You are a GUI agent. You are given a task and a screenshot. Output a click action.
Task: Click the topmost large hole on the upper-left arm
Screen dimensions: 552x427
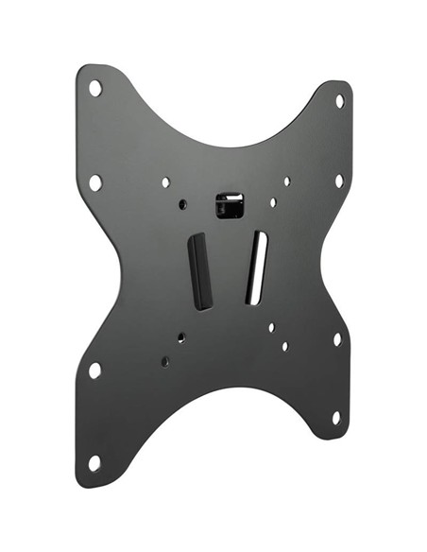[x=95, y=88]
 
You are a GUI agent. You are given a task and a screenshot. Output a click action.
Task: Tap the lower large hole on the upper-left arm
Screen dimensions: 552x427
[x=95, y=181]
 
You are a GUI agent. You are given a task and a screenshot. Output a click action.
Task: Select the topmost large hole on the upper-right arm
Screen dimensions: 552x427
[x=339, y=100]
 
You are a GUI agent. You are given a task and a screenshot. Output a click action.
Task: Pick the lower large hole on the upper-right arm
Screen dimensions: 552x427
[x=339, y=180]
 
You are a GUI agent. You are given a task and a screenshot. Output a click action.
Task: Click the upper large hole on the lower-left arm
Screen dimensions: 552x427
[x=94, y=370]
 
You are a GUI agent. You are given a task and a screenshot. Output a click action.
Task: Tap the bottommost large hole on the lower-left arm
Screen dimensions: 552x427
[x=94, y=462]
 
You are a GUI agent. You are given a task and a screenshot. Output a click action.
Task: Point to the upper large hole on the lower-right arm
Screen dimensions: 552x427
[x=337, y=337]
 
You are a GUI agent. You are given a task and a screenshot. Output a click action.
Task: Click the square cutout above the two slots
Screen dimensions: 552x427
[x=230, y=204]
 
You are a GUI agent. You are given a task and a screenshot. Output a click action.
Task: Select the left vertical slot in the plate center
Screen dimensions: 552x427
[x=200, y=269]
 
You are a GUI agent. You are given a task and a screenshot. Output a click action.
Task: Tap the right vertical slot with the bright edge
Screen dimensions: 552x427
[x=256, y=268]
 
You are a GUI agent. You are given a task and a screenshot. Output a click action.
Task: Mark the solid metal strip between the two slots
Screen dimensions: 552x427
[x=230, y=269]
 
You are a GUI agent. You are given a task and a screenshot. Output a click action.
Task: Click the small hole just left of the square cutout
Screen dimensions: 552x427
[x=182, y=203]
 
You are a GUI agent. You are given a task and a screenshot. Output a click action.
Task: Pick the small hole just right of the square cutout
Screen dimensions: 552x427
[x=273, y=202]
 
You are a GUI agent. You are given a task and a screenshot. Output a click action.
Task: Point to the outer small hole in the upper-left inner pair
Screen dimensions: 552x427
[x=165, y=181]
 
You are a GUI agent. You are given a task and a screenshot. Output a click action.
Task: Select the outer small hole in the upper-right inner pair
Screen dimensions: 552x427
[x=287, y=181]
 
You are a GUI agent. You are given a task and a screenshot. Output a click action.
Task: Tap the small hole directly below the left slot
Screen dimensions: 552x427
[x=181, y=336]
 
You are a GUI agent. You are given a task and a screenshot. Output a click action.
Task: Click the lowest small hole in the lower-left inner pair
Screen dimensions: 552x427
[x=165, y=361]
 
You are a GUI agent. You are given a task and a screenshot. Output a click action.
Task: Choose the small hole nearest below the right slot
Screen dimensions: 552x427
[x=271, y=327]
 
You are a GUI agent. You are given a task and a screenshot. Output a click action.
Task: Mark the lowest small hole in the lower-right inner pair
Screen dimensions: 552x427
[x=284, y=346]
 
